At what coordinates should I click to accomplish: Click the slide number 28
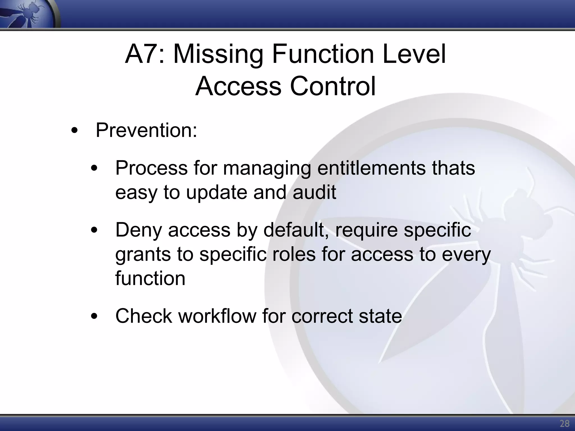click(x=564, y=423)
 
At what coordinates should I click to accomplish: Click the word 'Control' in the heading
click(x=332, y=86)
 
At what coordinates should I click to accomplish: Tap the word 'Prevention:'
click(x=146, y=130)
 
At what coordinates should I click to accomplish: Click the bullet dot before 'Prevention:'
click(x=74, y=131)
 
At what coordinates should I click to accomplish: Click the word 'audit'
click(x=314, y=192)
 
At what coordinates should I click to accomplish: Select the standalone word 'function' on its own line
click(x=150, y=278)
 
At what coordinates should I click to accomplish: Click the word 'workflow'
click(x=217, y=316)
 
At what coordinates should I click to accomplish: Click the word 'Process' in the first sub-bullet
click(x=151, y=168)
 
